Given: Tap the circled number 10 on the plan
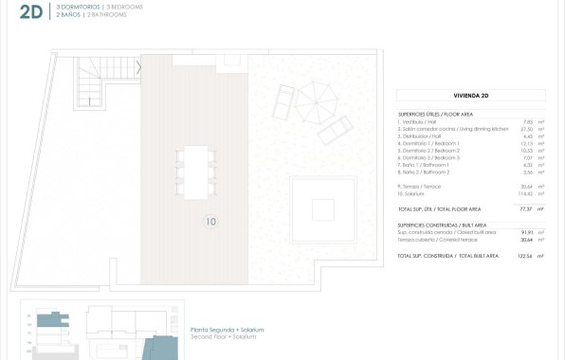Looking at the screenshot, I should tap(210, 223).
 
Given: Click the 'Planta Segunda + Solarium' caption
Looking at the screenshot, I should tap(228, 329).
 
